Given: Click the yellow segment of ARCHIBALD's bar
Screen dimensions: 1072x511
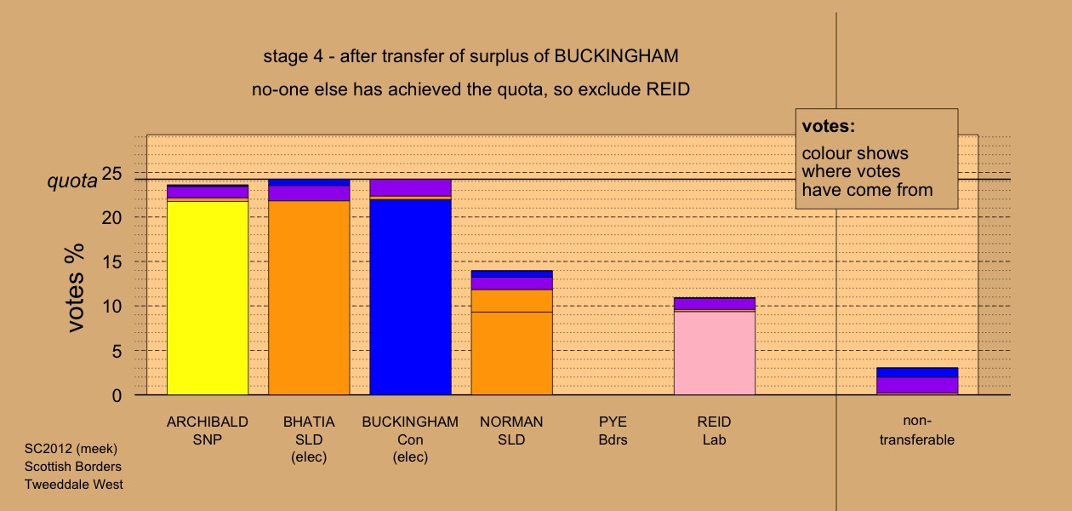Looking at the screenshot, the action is pos(208,298).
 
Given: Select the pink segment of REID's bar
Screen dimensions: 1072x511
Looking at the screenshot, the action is pos(715,353).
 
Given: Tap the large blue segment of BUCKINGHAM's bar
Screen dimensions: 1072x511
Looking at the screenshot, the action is pos(411,297).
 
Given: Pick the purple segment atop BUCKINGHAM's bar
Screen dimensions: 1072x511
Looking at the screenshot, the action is pos(411,187).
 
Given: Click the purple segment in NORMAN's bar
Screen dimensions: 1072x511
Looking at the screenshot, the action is pos(511,284).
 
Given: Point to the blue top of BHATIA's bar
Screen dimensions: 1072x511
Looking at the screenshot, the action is pos(309,182).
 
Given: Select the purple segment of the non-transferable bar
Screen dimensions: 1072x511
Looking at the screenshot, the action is pos(917,385).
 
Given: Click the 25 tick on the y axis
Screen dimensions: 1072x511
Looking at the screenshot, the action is pos(112,173).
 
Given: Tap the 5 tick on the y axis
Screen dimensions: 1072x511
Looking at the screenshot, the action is pos(117,351).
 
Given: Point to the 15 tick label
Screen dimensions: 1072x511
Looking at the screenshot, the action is pos(112,262).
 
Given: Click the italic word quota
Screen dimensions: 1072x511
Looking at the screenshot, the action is pos(72,181).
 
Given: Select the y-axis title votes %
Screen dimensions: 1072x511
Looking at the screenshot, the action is pos(75,288).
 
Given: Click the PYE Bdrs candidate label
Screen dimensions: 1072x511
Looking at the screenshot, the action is pos(613,431).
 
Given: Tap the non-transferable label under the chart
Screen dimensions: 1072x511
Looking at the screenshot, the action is pos(917,430).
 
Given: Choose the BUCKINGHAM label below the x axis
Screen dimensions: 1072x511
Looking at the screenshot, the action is pos(410,422).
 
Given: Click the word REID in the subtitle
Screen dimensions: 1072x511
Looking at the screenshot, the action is pos(668,89).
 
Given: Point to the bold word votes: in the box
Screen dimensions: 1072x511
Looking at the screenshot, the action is pos(829,126).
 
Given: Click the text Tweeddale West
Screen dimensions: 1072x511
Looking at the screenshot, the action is pos(74,485).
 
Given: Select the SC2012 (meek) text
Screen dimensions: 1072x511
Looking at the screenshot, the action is pos(71,449).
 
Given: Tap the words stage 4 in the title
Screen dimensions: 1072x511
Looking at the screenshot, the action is pos(294,56).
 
